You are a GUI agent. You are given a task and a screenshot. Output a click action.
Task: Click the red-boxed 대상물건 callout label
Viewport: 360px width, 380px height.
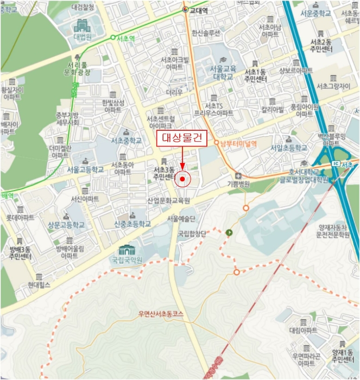182,138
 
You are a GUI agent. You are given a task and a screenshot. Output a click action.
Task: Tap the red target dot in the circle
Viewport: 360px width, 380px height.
183,179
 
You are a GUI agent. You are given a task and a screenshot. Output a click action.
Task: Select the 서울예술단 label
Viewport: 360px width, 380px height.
181,218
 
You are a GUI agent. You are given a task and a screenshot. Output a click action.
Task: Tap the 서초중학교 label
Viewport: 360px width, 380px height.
126,140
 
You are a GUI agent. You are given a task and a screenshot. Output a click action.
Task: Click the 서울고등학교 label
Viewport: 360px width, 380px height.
85,169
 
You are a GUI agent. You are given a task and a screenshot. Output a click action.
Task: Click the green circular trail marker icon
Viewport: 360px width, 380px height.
229,233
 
